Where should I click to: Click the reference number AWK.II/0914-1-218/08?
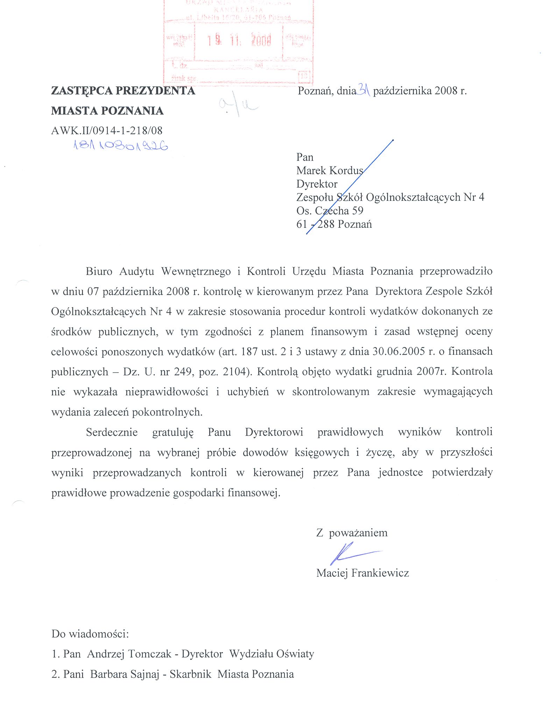(x=107, y=131)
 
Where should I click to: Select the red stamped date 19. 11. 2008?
(x=239, y=41)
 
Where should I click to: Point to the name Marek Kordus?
(x=330, y=170)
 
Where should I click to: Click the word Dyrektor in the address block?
(x=317, y=184)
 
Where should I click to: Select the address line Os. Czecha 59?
(x=330, y=211)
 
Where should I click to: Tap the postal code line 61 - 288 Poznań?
(x=334, y=224)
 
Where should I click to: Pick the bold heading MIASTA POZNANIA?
(x=107, y=111)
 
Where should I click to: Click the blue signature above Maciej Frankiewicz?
(x=353, y=553)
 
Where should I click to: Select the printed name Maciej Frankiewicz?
(x=362, y=573)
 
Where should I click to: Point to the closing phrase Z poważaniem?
(x=352, y=533)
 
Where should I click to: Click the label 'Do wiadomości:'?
(x=90, y=634)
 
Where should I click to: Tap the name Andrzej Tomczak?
(x=129, y=654)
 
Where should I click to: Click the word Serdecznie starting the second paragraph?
(x=112, y=432)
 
